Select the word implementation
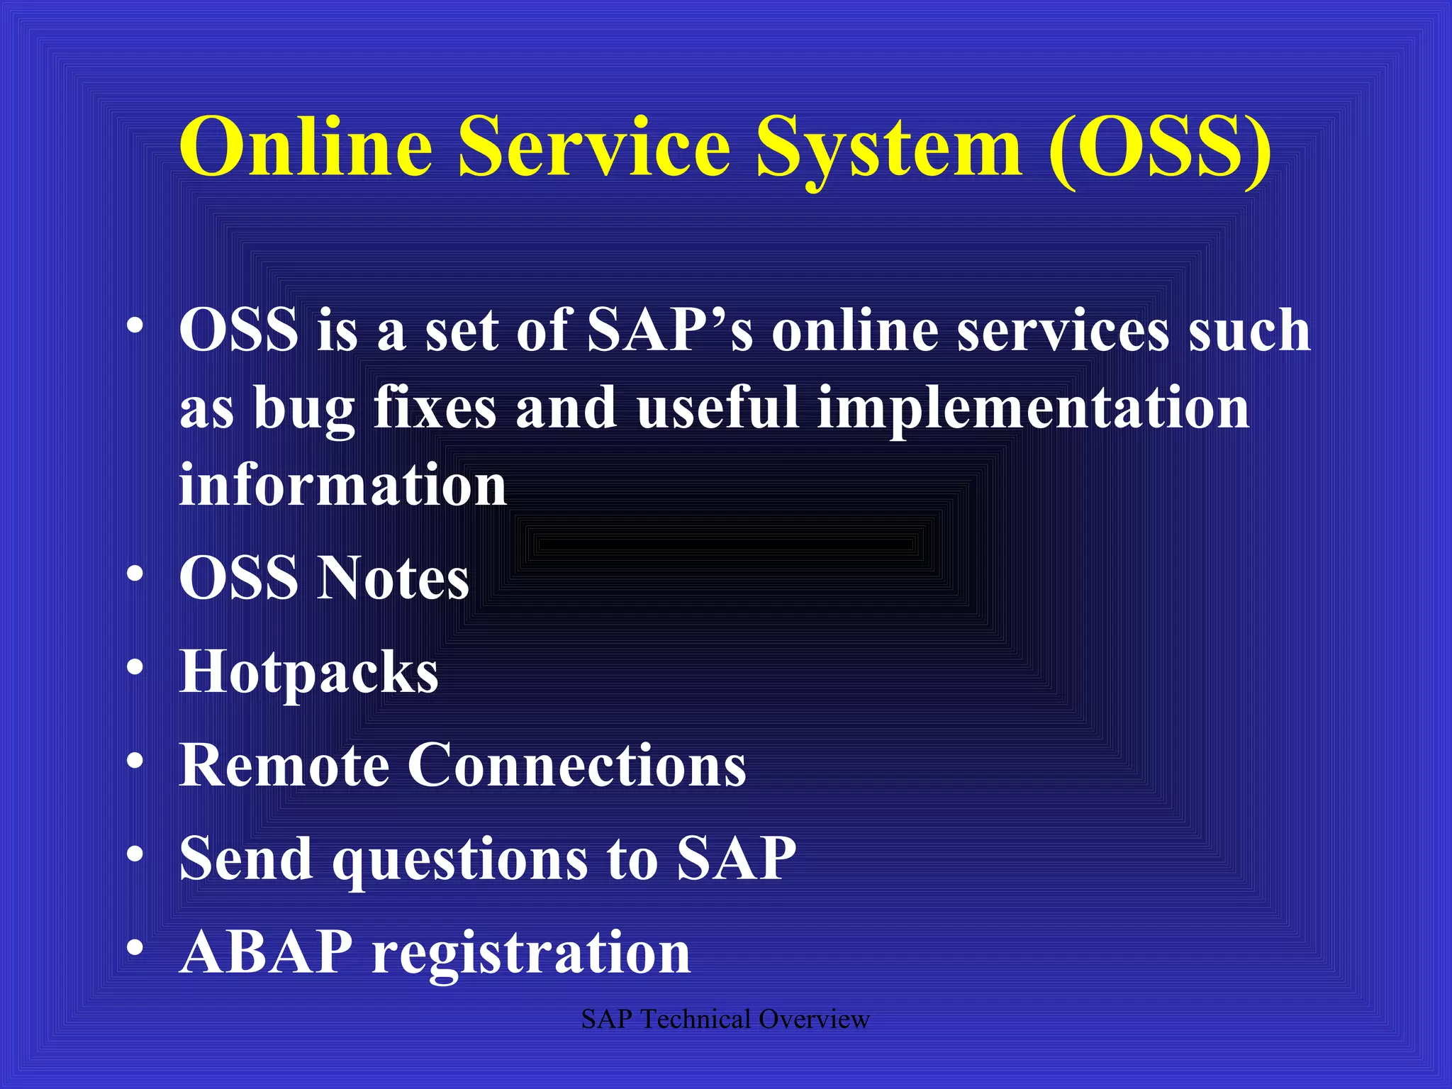point(1033,410)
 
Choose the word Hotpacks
point(308,672)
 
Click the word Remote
point(284,765)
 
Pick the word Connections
point(576,765)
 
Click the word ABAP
point(266,952)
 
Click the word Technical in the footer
point(695,1020)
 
